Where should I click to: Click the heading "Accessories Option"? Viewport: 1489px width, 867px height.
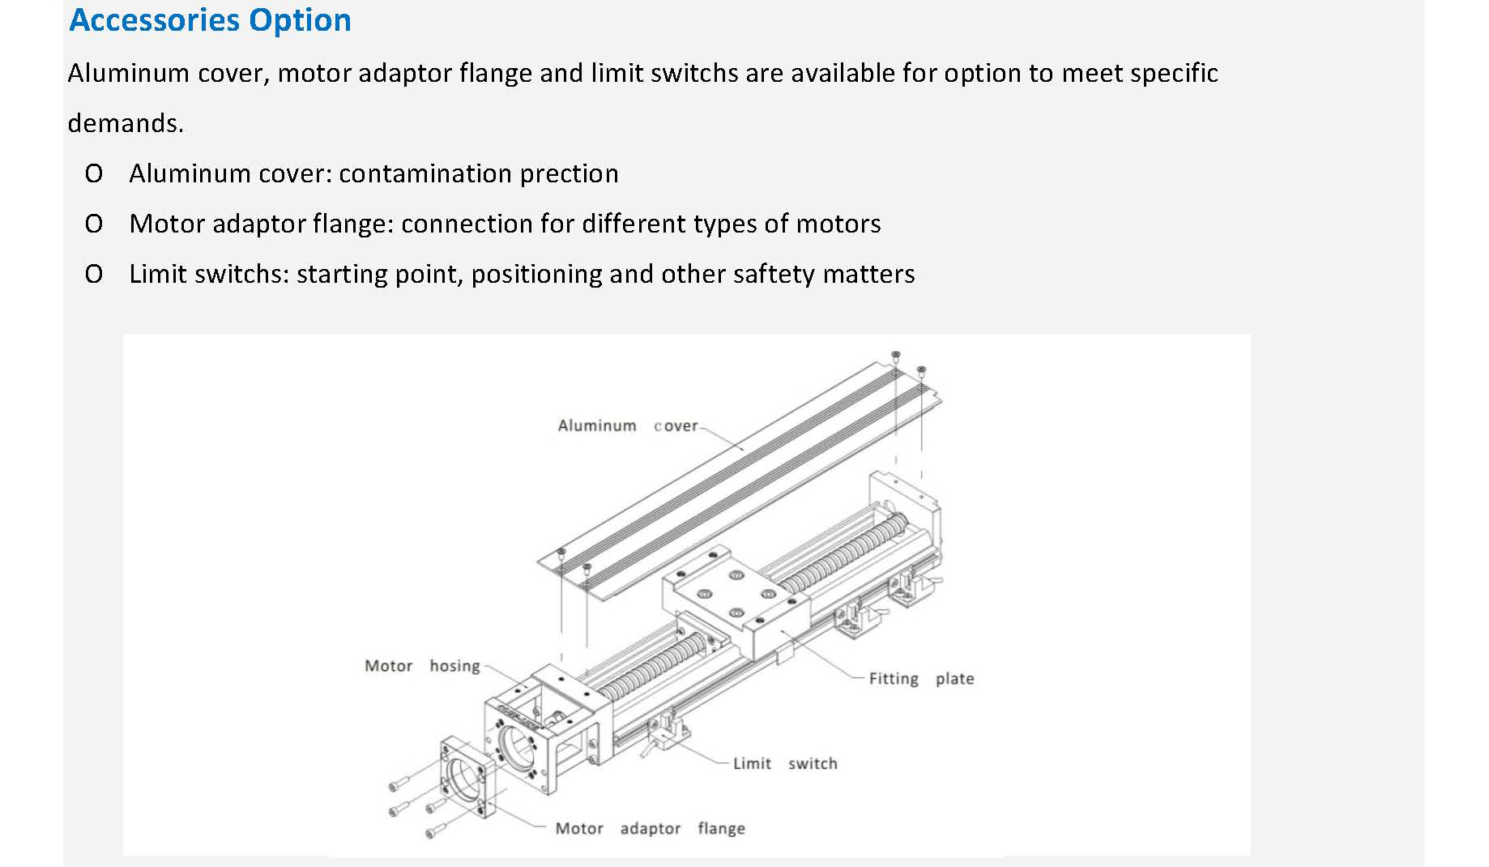(x=210, y=20)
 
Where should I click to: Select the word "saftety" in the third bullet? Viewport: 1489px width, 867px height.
(x=773, y=274)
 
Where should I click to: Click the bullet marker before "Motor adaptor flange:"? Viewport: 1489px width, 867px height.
(x=94, y=224)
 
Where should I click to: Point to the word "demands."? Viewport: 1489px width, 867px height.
(x=126, y=123)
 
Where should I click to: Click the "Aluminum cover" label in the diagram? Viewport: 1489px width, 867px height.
(x=627, y=425)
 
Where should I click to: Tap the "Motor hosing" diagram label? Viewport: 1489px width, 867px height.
(x=421, y=666)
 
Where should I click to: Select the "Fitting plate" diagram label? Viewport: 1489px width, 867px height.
(x=921, y=679)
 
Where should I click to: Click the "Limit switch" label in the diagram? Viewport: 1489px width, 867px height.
(x=784, y=763)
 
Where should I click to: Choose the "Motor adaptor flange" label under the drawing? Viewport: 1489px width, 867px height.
(x=650, y=828)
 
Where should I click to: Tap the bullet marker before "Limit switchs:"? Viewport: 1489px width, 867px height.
(x=94, y=274)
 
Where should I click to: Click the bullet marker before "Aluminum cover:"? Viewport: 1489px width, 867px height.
(x=94, y=173)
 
